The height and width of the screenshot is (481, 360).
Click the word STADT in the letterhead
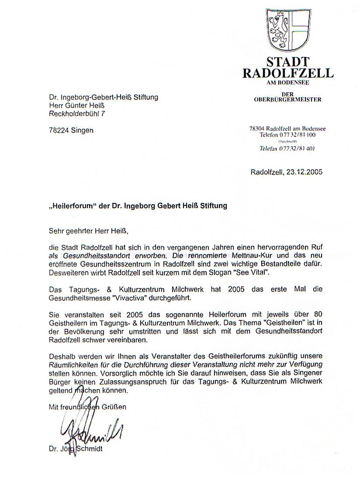click(x=288, y=62)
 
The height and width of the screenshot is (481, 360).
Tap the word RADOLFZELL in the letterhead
click(x=288, y=73)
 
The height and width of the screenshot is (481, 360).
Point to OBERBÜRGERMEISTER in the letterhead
click(x=288, y=99)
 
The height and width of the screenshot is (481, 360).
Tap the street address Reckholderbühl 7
click(x=77, y=114)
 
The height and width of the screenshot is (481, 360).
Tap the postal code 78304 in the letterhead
click(x=258, y=129)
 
